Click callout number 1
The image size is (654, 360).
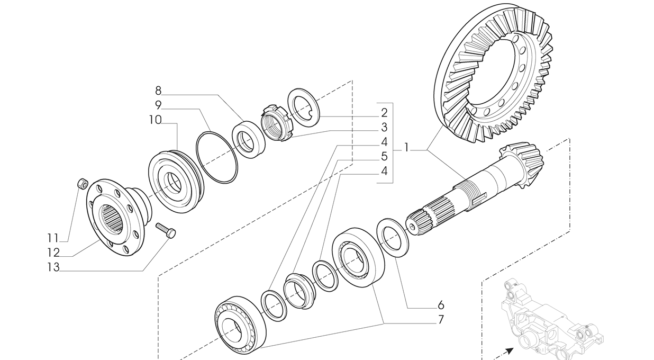pos(406,148)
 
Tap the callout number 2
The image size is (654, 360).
pos(384,112)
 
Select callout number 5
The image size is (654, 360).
pos(384,157)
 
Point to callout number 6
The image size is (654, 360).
pos(441,305)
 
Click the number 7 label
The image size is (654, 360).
pos(441,320)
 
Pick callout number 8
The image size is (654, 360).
pos(158,91)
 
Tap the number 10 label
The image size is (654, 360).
pos(155,120)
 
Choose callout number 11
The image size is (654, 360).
pos(53,238)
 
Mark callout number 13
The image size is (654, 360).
pos(53,267)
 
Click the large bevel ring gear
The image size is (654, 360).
pos(492,74)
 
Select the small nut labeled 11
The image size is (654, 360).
pos(82,184)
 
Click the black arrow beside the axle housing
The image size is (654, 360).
pos(508,351)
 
